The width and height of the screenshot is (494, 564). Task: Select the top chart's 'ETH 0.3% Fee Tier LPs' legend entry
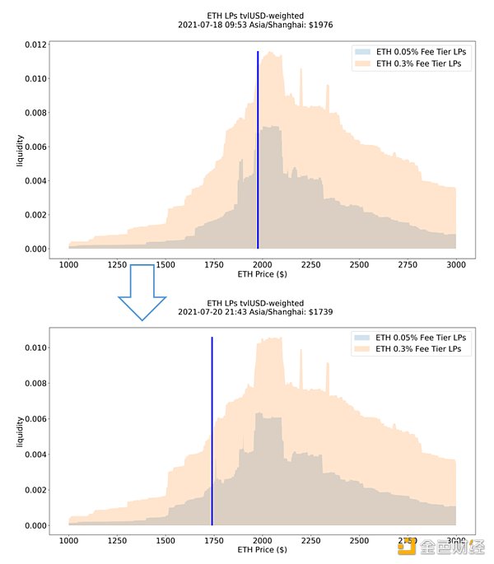417,63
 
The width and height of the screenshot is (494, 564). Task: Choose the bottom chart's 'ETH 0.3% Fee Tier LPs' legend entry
417,349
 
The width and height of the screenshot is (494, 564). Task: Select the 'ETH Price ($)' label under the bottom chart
262,549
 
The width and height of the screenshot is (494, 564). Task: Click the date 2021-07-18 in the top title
204,25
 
